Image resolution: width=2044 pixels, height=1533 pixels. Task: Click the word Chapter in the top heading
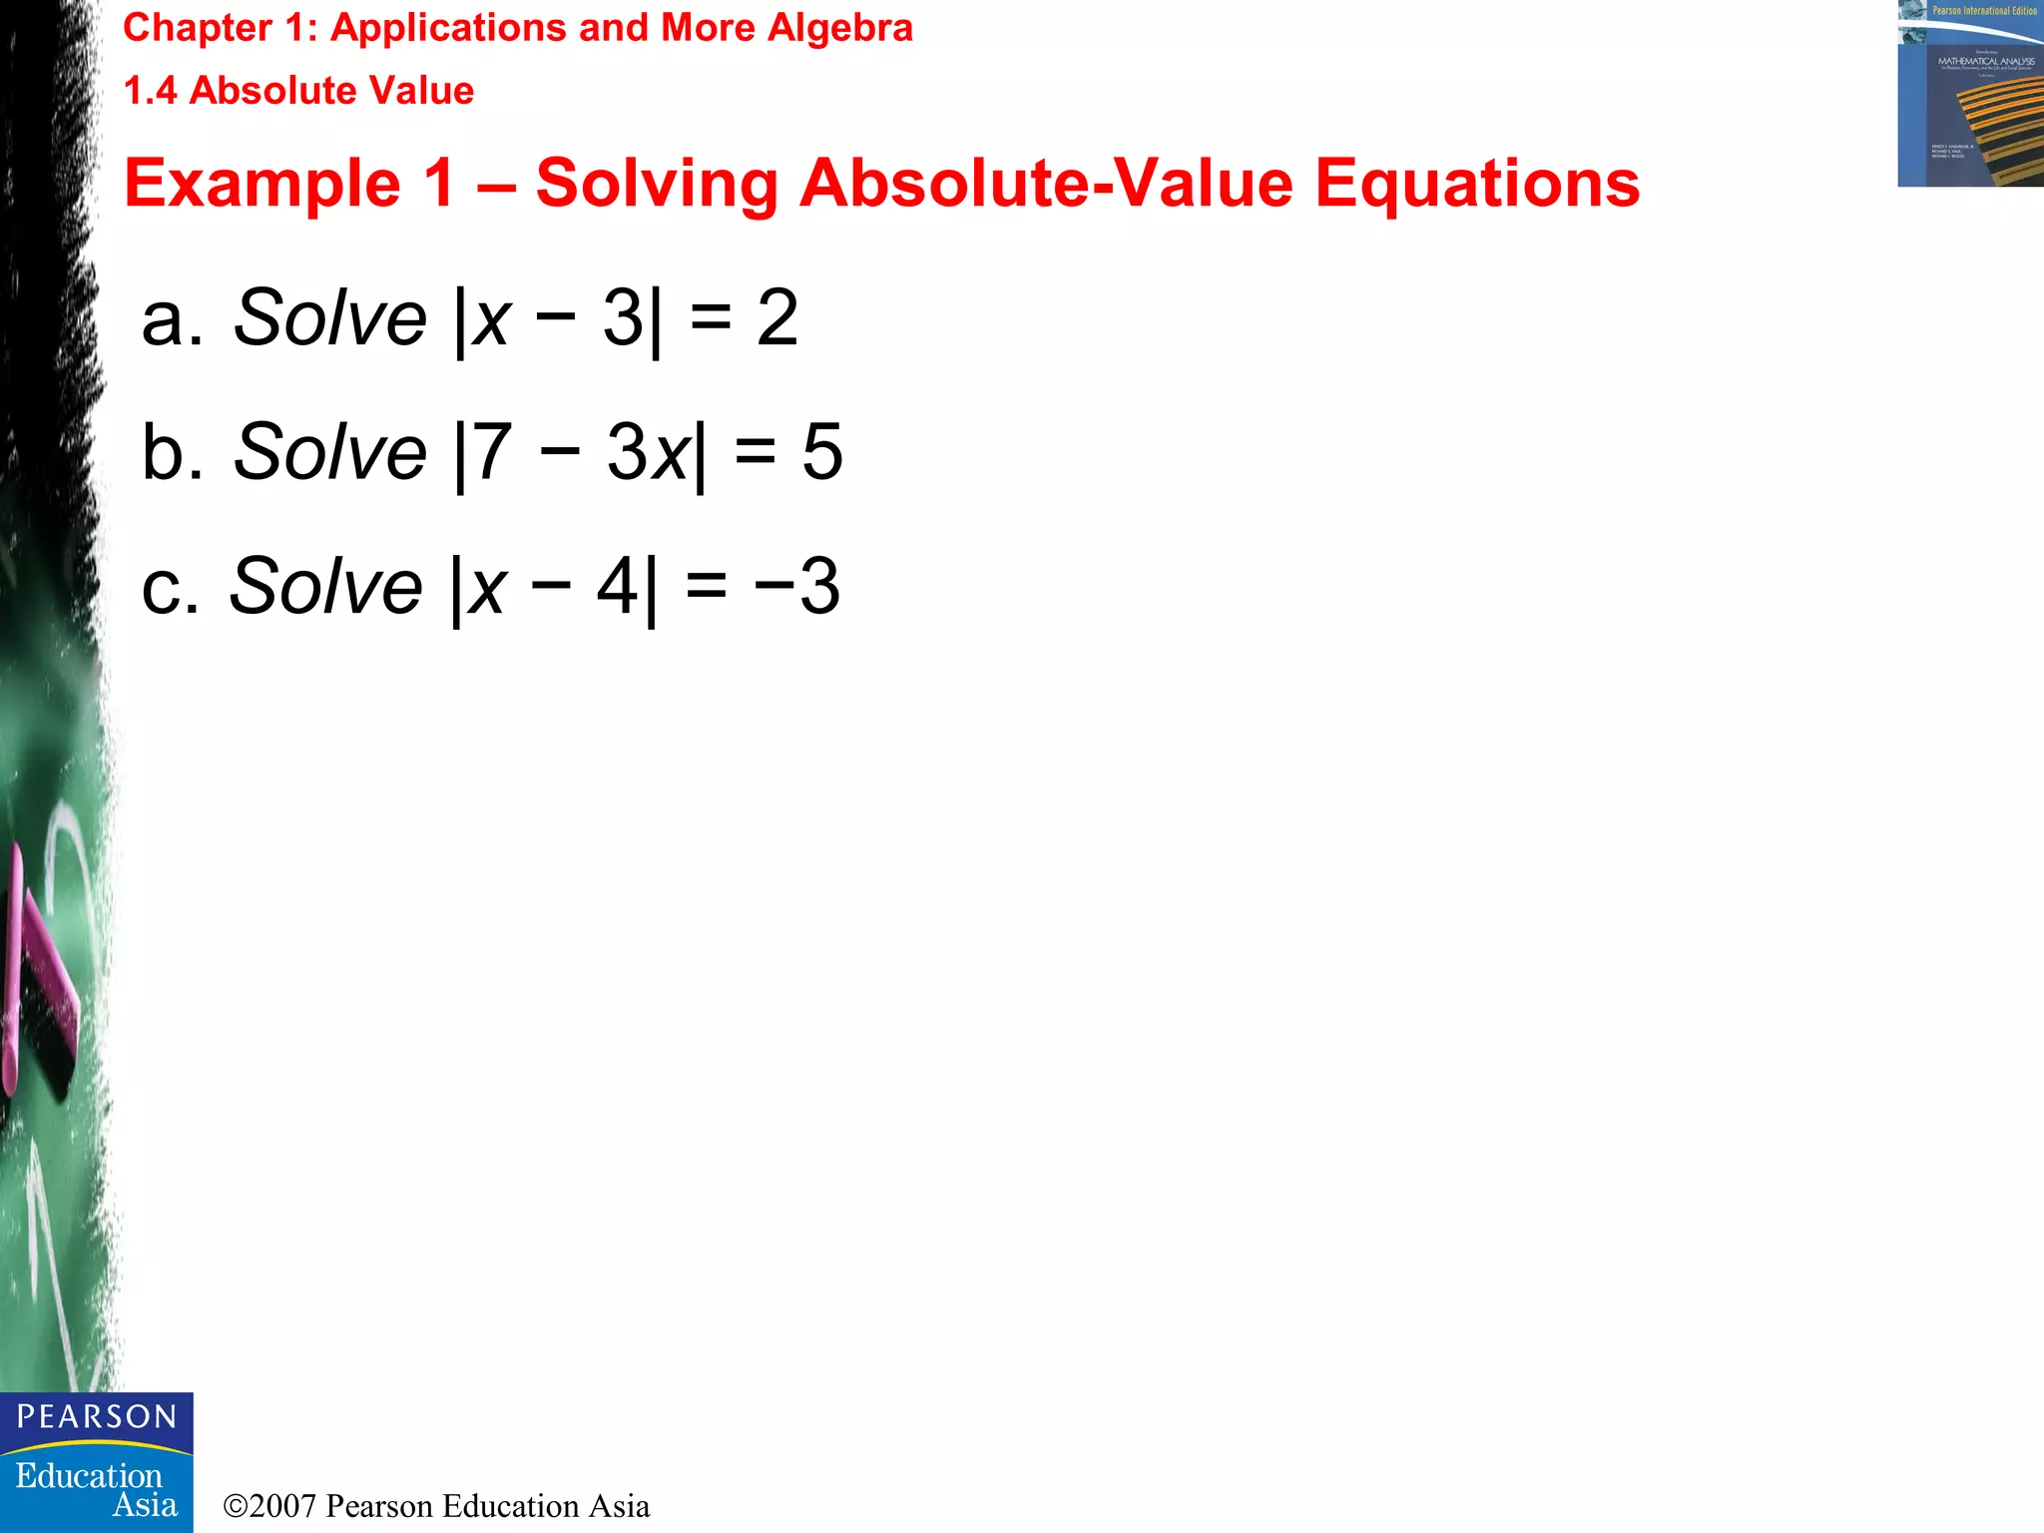coord(197,28)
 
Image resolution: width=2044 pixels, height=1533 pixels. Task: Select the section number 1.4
coord(150,91)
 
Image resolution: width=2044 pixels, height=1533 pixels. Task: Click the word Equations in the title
coord(1477,184)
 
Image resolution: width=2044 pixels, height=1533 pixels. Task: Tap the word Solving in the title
coord(657,184)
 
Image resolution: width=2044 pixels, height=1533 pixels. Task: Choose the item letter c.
coord(170,586)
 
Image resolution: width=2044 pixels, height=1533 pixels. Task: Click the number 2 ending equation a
coord(777,318)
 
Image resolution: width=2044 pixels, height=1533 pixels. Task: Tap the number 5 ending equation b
coord(822,451)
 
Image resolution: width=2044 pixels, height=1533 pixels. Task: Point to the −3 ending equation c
coord(797,586)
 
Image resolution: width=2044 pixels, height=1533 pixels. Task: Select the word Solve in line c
coord(326,586)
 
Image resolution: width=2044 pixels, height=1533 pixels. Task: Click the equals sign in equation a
coord(711,318)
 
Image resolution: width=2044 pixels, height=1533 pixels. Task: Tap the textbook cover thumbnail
coord(1970,94)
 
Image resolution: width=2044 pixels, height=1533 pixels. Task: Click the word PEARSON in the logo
coord(97,1417)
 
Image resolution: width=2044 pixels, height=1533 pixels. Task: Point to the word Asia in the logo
coord(145,1505)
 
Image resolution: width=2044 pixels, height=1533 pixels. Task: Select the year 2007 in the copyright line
coord(282,1506)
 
